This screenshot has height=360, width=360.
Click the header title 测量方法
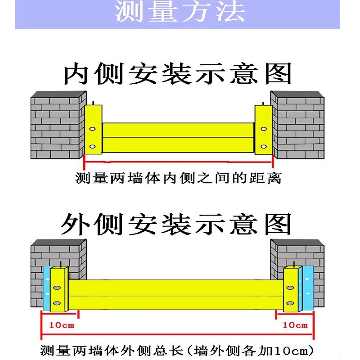click(x=180, y=12)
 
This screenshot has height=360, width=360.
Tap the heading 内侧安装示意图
click(x=177, y=74)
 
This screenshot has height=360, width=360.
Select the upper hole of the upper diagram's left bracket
click(x=92, y=129)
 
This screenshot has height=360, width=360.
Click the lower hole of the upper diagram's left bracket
click(x=92, y=146)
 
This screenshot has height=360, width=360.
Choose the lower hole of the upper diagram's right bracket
click(x=263, y=146)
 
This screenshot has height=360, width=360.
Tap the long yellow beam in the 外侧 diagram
click(x=175, y=295)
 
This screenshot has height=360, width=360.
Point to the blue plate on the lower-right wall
click(x=308, y=288)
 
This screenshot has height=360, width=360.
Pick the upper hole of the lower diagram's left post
click(x=57, y=287)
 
